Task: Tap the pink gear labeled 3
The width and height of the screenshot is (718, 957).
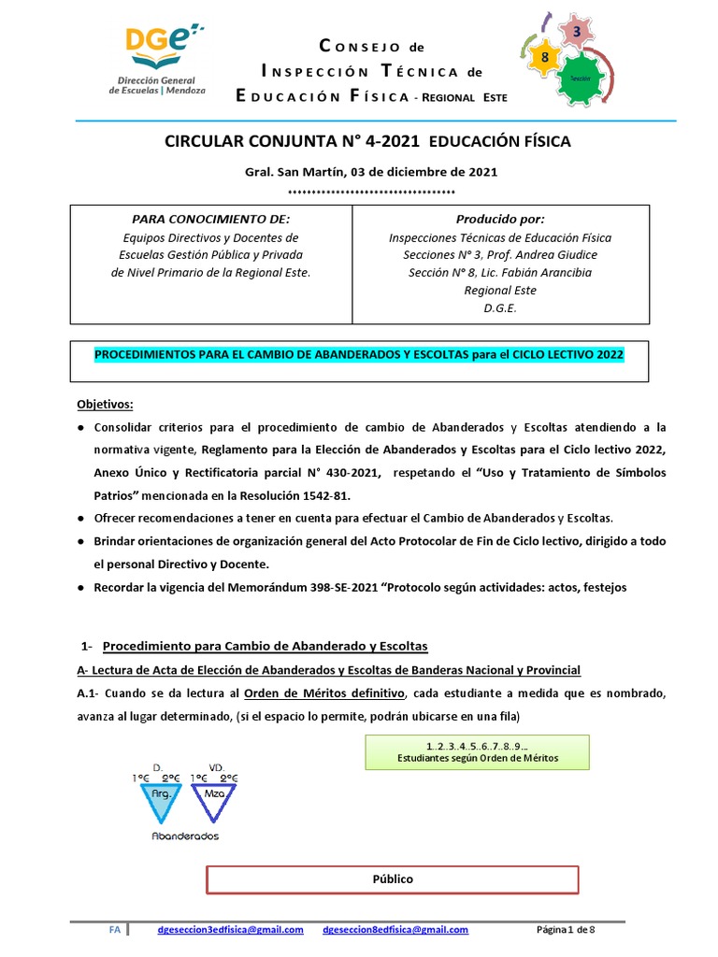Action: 577,33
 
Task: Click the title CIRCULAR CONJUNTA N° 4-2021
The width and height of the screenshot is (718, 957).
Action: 293,142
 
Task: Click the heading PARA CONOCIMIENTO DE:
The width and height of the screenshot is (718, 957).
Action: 208,219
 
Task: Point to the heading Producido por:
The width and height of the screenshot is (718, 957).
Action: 499,219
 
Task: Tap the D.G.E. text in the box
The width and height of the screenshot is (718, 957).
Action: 500,307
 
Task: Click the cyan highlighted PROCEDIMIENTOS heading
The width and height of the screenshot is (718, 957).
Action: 358,355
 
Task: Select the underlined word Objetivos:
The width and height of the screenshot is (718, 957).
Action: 105,404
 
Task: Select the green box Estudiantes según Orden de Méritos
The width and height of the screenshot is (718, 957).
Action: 477,750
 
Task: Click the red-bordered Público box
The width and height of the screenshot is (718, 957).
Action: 392,879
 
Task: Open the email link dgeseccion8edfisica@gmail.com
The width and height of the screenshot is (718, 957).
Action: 395,930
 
